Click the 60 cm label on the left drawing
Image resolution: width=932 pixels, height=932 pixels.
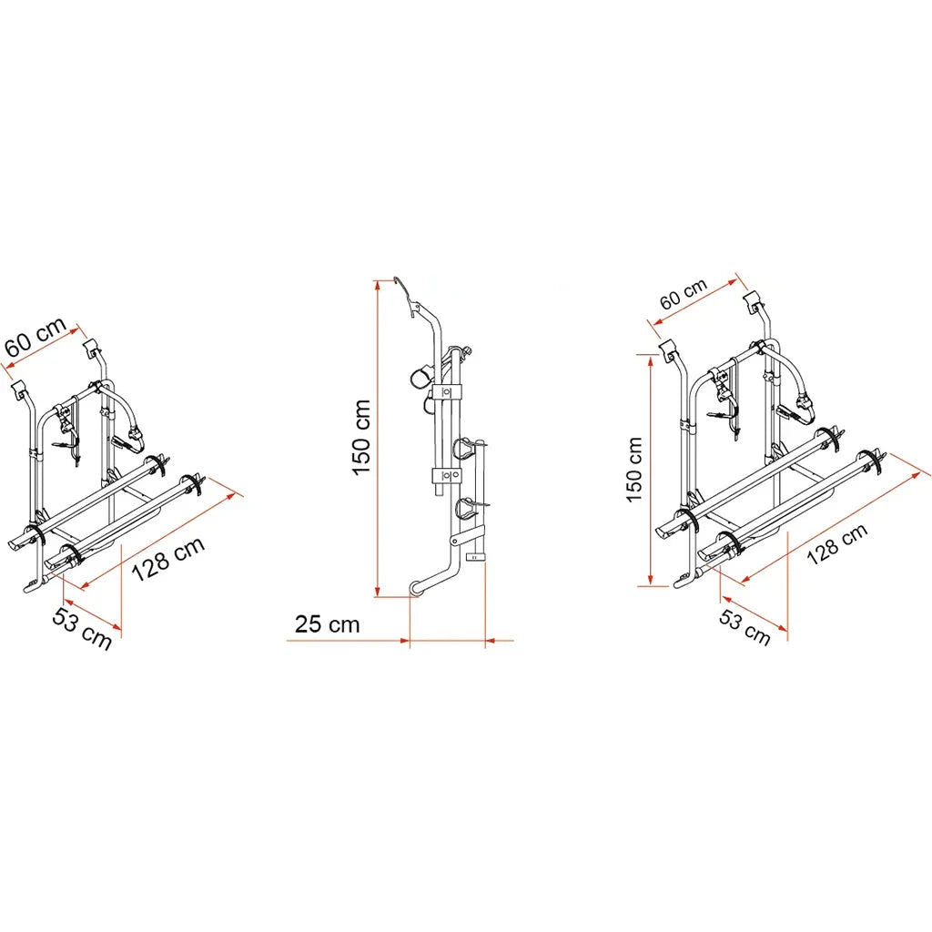pyautogui.click(x=35, y=337)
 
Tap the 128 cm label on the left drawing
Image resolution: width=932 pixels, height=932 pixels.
pyautogui.click(x=167, y=559)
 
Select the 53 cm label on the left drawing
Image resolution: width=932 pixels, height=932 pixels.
pyautogui.click(x=82, y=629)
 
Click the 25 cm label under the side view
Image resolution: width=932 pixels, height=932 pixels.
pyautogui.click(x=328, y=624)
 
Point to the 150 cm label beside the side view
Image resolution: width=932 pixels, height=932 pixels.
pyautogui.click(x=361, y=438)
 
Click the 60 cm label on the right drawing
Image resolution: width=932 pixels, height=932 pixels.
pyautogui.click(x=684, y=294)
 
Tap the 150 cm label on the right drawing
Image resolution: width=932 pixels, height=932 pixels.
pyautogui.click(x=634, y=470)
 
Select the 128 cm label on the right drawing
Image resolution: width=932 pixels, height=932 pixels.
pyautogui.click(x=837, y=544)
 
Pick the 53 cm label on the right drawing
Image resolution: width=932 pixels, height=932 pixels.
pyautogui.click(x=745, y=627)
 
